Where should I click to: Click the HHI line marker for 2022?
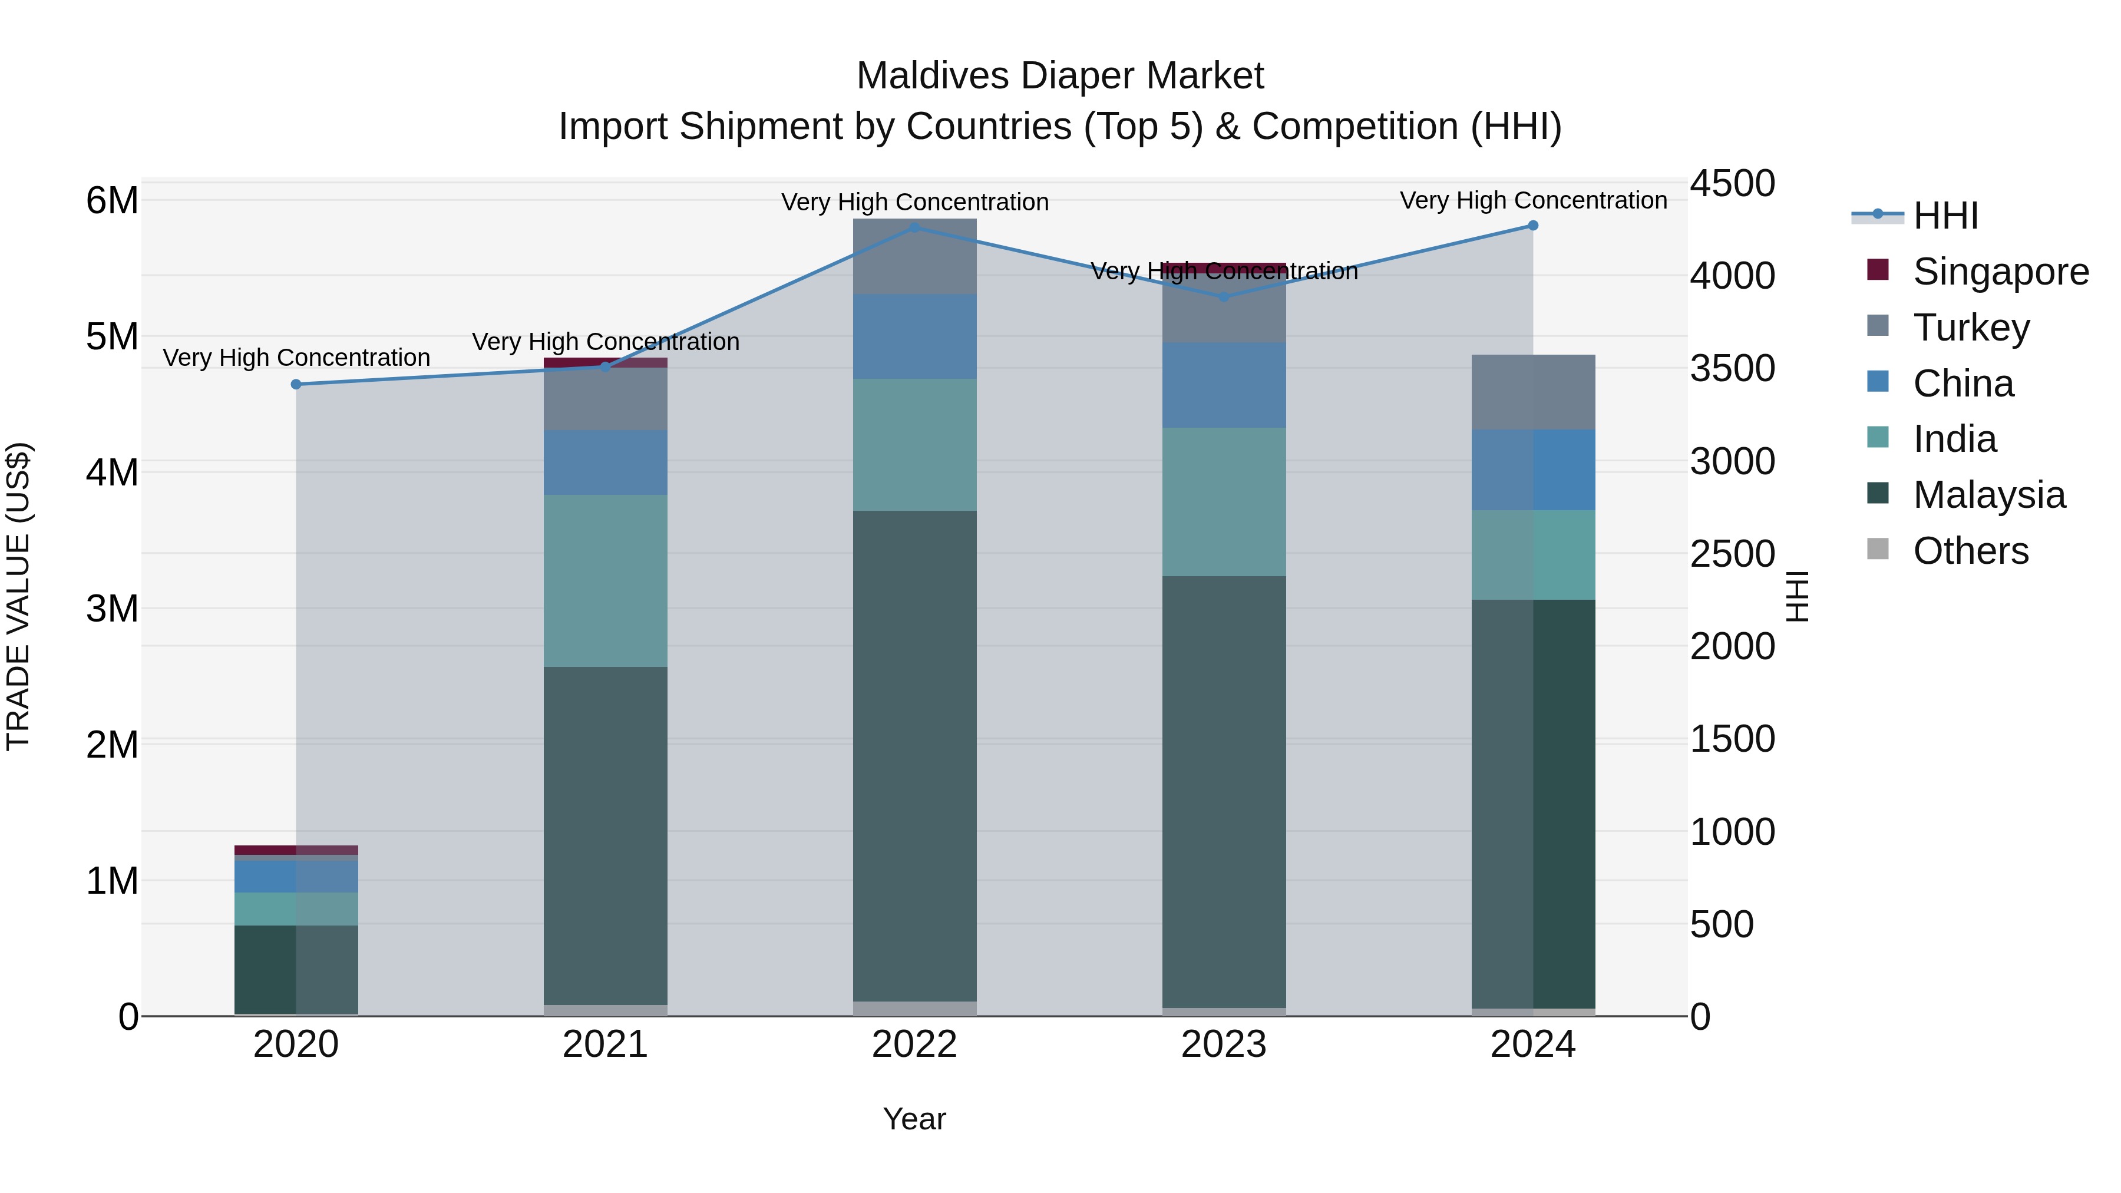914,227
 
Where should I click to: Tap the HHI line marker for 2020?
296,385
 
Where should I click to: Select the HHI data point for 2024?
1532,226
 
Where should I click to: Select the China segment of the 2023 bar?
1224,385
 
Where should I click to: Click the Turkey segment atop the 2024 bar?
1532,392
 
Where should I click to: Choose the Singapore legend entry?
2000,272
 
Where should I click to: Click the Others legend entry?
1970,551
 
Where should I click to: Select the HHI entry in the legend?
1945,216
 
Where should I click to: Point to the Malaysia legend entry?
1988,495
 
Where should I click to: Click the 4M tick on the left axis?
112,472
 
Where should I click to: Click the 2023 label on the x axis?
1224,1045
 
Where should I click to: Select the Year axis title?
914,1119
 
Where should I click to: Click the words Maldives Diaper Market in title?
1060,76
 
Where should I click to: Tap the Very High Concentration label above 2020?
296,358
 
